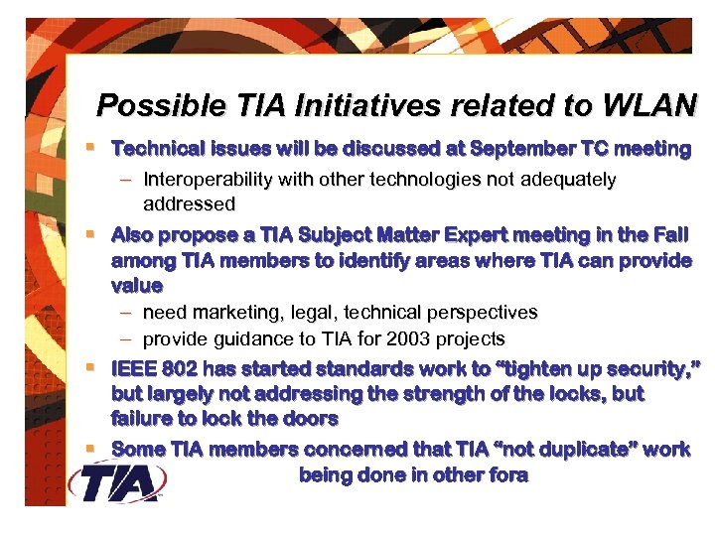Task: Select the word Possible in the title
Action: point(143,105)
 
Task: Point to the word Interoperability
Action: point(207,181)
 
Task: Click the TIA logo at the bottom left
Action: point(117,483)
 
